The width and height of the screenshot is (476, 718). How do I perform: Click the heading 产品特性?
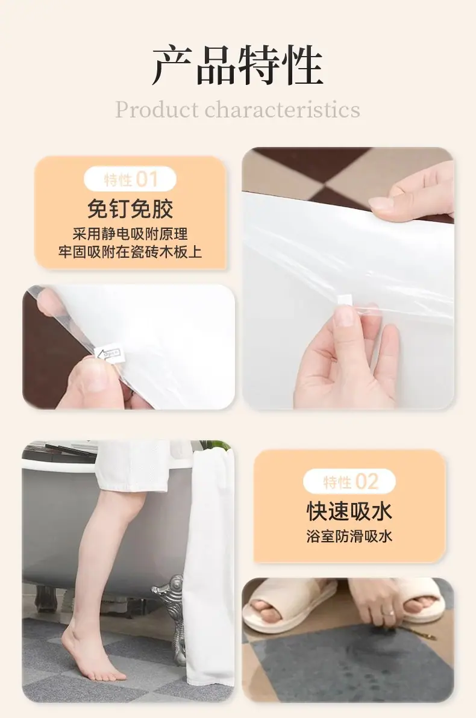237,66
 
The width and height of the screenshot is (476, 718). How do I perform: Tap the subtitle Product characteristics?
237,110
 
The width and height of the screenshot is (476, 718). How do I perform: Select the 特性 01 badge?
130,178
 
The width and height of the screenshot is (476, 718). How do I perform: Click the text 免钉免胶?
130,209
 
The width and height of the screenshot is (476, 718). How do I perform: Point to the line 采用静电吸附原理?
130,234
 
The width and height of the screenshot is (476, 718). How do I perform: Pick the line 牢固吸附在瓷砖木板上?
130,252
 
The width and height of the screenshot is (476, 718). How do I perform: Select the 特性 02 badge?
349,481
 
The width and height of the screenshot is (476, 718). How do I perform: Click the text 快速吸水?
349,511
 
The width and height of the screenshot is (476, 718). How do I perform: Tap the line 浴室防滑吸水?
349,536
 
